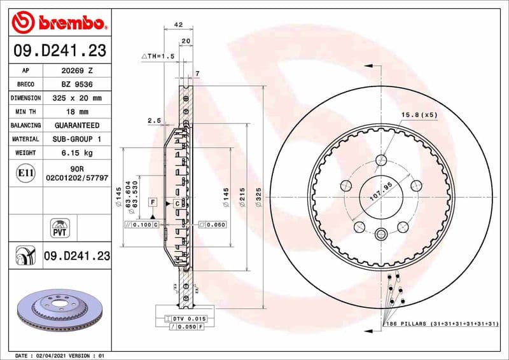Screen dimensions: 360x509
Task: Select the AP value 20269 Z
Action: click(77, 71)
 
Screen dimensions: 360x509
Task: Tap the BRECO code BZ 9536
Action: click(77, 85)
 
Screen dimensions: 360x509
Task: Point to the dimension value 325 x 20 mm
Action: click(77, 99)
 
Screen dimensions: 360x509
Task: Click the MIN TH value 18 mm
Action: click(77, 112)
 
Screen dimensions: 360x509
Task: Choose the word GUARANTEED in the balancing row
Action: click(77, 126)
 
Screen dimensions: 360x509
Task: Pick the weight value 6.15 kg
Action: click(77, 153)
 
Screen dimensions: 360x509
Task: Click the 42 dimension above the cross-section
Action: click(178, 25)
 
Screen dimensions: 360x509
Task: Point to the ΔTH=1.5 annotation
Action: click(158, 57)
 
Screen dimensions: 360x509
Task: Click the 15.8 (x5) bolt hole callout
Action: click(420, 115)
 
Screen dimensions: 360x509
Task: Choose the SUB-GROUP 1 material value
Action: click(77, 139)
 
